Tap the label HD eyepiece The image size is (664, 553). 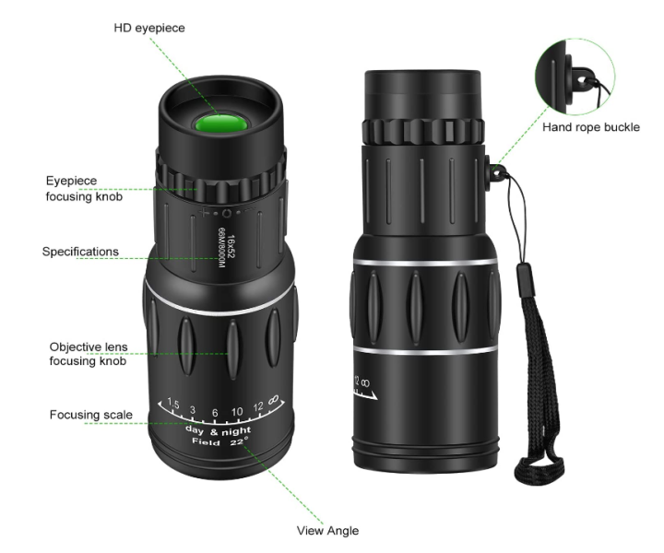click(x=149, y=29)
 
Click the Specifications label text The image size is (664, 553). click(x=80, y=251)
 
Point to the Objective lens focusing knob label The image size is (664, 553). click(x=88, y=354)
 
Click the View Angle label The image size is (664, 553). click(x=327, y=530)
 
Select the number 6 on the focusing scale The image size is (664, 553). click(x=214, y=413)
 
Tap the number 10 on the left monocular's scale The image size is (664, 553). click(x=236, y=411)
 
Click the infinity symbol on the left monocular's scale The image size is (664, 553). click(x=274, y=402)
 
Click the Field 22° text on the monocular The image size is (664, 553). click(x=222, y=442)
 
